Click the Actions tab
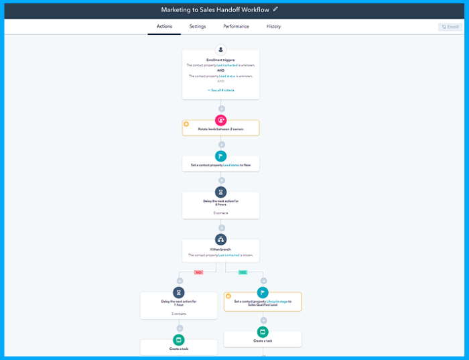[164, 27]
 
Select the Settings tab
[198, 27]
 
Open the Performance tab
[236, 27]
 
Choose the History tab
[273, 27]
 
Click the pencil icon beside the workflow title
[275, 9]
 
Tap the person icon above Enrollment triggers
[221, 50]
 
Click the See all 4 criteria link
[221, 89]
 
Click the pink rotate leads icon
[221, 121]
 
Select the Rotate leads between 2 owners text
[221, 129]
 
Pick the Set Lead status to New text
[221, 165]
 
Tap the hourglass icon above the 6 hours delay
[221, 192]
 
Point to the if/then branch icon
[221, 239]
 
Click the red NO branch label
[198, 272]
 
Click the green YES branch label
[243, 272]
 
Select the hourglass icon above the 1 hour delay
[179, 292]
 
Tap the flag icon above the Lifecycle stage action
[263, 292]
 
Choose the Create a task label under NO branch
[179, 349]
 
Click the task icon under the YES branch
[263, 331]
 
